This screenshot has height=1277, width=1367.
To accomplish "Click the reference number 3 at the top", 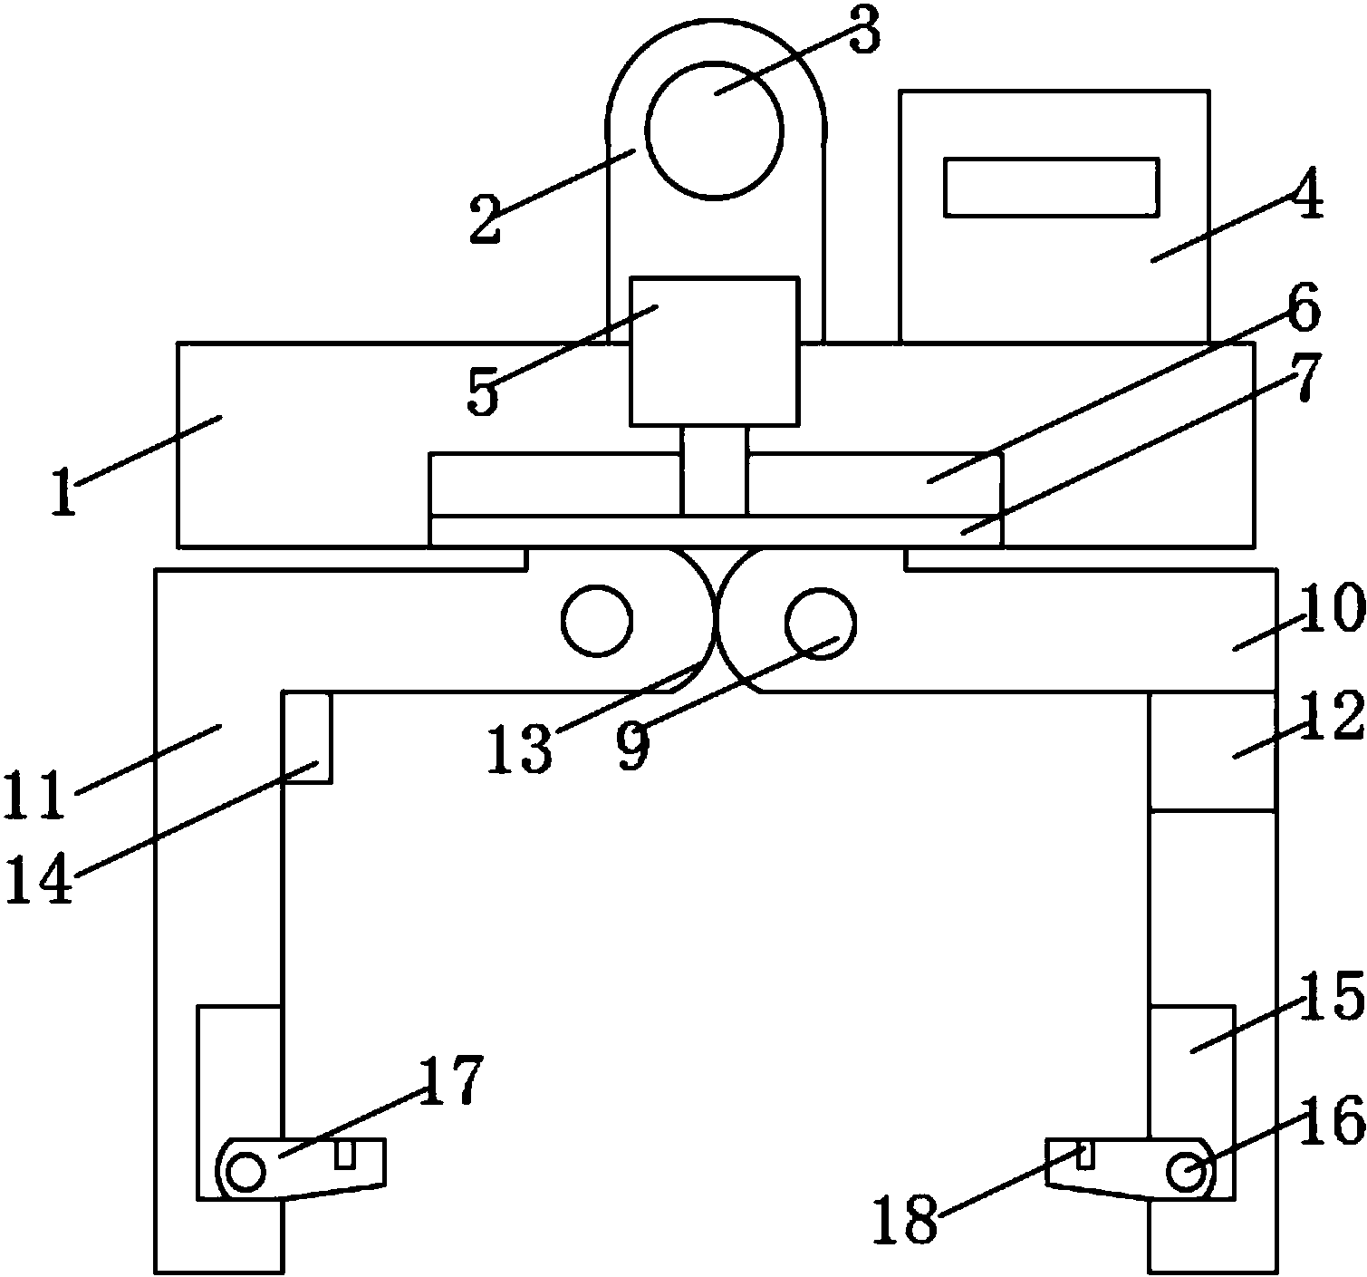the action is coord(864,33).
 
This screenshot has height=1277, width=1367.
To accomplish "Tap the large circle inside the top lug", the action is coord(715,131).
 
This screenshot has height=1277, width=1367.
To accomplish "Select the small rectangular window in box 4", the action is coord(1051,188).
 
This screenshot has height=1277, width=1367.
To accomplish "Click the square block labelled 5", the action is coord(715,352).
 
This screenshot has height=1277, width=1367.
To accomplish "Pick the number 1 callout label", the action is coord(64,492).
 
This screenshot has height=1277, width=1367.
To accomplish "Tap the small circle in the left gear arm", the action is coord(597,621).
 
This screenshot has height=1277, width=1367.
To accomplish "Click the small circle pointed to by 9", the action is coord(821,624).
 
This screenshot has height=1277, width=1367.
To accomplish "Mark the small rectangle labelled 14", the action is coord(307,737).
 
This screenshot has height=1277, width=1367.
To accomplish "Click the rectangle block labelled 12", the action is coord(1211,750).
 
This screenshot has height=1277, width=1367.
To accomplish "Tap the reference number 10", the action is coord(1333,607).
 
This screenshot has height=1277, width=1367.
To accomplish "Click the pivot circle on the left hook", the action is coord(245,1172).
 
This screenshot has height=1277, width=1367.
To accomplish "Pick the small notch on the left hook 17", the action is coord(345,1154).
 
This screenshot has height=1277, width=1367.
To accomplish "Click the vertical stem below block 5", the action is coord(714,471).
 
